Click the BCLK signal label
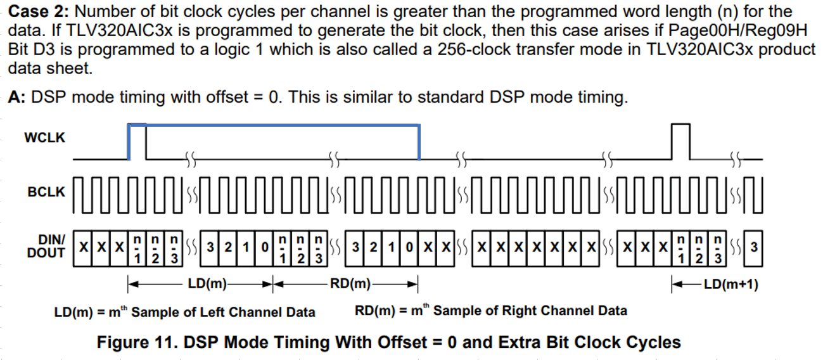point(46,192)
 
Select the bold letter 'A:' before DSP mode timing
point(18,98)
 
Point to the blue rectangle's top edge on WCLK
point(273,125)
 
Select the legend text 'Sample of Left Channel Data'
point(223,312)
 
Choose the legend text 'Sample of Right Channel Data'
point(530,311)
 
